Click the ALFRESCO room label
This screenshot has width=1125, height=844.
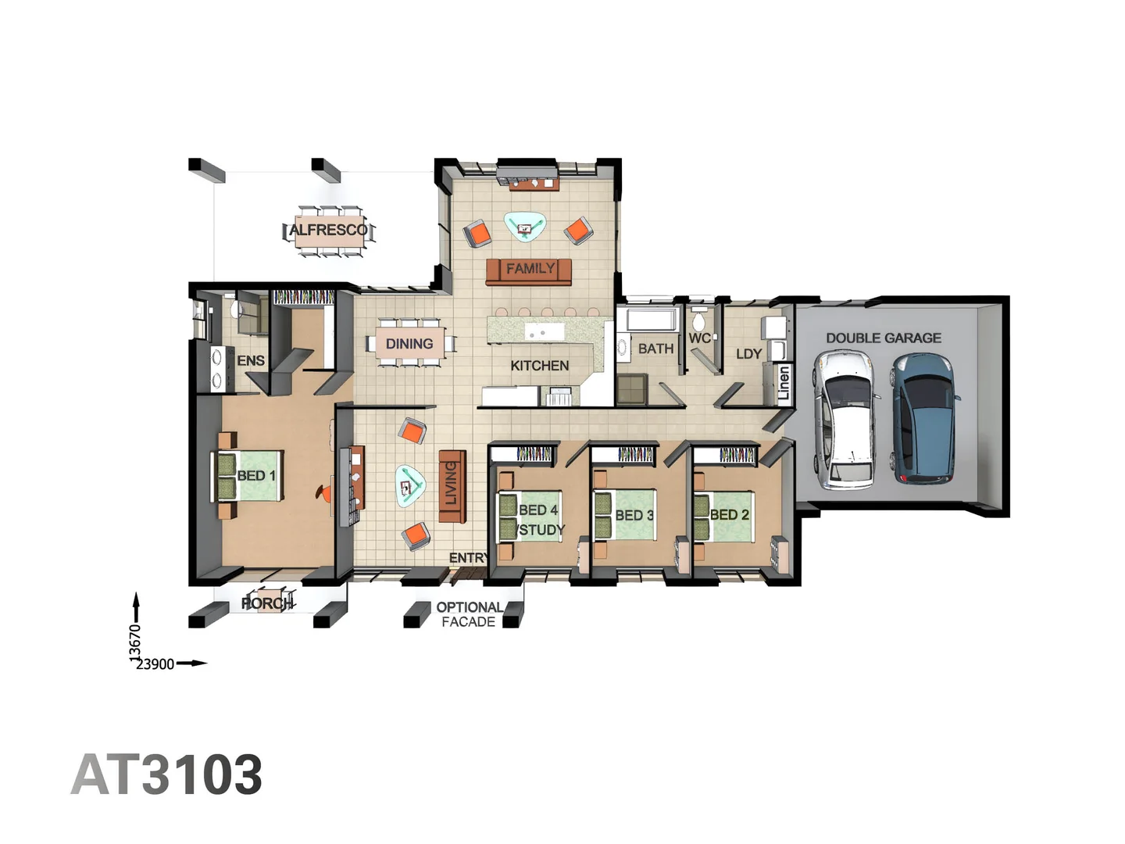click(328, 230)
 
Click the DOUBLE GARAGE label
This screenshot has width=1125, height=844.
click(884, 338)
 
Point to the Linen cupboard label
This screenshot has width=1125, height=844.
click(784, 384)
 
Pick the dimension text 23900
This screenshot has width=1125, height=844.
click(155, 664)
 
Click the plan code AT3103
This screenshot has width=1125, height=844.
click(166, 775)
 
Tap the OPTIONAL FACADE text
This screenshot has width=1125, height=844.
click(469, 614)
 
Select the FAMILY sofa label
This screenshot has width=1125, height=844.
click(530, 269)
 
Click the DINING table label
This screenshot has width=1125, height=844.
click(409, 344)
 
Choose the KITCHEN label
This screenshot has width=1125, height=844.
click(539, 366)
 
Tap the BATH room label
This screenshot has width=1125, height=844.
click(655, 349)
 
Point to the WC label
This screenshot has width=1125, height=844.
click(699, 338)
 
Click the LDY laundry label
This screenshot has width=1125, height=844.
click(748, 354)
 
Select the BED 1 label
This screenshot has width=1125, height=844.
click(256, 475)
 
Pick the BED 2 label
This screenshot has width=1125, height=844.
click(730, 514)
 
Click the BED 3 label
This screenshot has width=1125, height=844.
click(634, 515)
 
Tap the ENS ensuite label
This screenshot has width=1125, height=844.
click(251, 360)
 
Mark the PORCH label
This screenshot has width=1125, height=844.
click(266, 603)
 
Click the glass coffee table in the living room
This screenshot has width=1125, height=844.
click(409, 487)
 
